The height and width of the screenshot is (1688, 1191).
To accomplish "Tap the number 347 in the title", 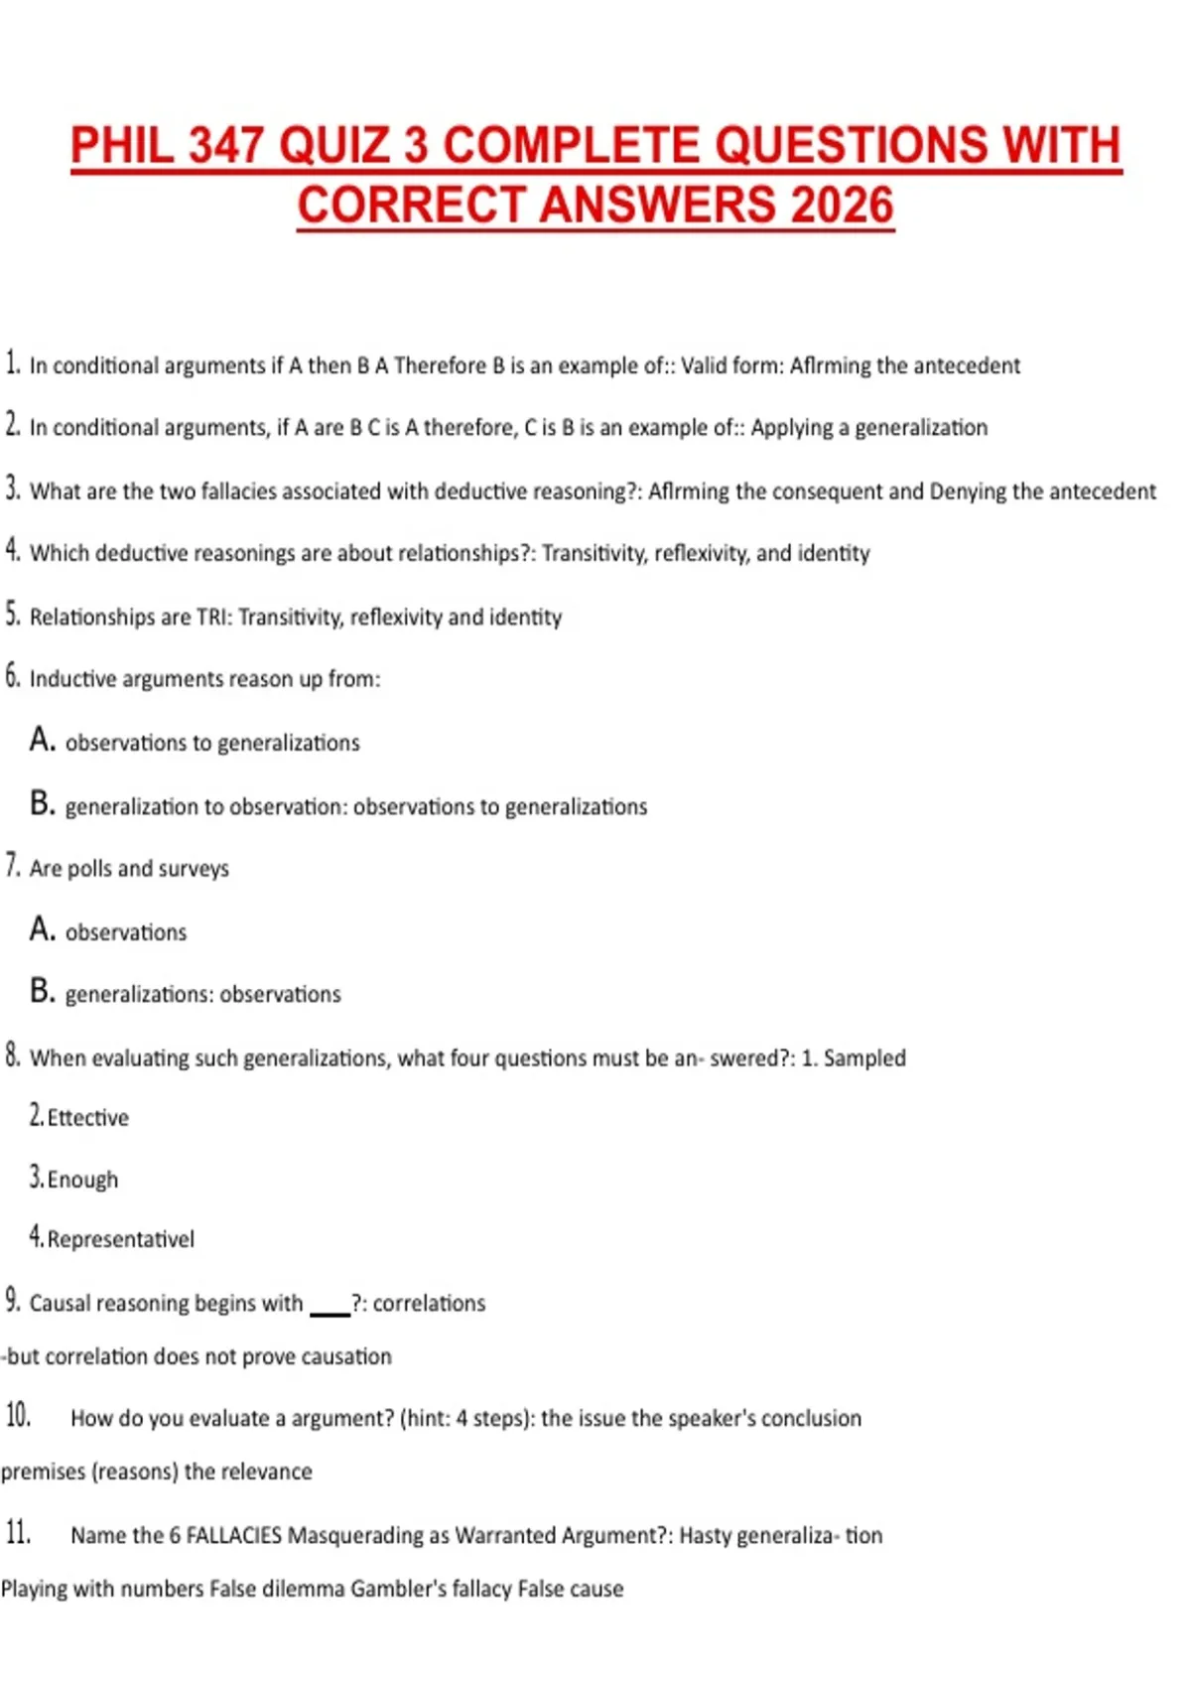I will pyautogui.click(x=225, y=146).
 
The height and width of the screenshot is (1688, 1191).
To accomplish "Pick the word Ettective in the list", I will pyautogui.click(x=88, y=1118).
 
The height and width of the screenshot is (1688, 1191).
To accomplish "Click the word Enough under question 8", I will pyautogui.click(x=82, y=1180).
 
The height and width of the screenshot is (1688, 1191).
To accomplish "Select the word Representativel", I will pyautogui.click(x=121, y=1239).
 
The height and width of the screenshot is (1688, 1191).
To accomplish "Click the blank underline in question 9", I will pyautogui.click(x=331, y=1312).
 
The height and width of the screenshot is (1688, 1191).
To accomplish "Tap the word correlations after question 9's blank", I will pyautogui.click(x=429, y=1303).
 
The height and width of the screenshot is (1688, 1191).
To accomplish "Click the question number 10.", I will pyautogui.click(x=18, y=1416).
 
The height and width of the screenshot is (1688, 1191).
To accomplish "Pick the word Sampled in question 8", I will pyautogui.click(x=864, y=1058).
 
